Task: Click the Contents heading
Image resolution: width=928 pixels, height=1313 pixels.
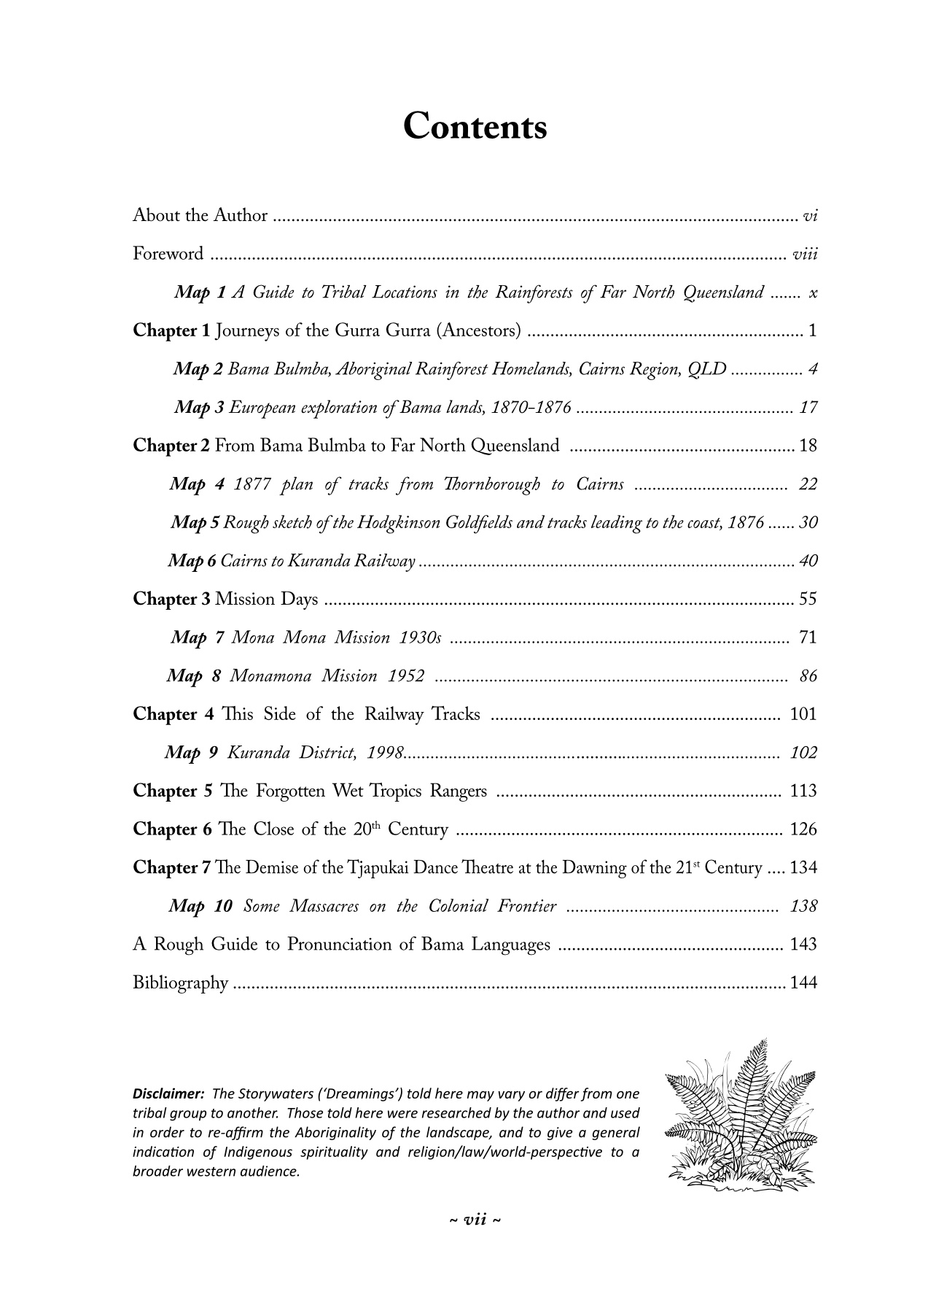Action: pos(475,126)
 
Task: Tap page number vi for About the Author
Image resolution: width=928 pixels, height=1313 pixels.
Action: pos(809,216)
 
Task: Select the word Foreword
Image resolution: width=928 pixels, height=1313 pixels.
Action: pos(168,254)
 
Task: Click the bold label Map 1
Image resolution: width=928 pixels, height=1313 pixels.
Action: pos(200,293)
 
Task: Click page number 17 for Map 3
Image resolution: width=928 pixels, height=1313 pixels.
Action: pos(808,408)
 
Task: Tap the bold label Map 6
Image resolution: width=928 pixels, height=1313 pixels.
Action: pos(192,562)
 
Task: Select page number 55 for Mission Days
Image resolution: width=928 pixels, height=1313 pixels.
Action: pos(808,600)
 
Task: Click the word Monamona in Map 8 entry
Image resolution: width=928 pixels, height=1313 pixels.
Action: pos(270,677)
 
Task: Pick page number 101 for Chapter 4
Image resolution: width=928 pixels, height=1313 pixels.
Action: pos(803,715)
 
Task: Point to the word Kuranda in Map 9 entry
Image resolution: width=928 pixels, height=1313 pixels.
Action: pos(259,754)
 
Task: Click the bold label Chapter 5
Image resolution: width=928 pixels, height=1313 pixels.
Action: pos(173,791)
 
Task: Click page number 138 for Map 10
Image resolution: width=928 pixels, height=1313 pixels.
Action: pos(803,907)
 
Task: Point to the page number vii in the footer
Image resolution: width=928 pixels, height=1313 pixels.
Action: pos(475,1220)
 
